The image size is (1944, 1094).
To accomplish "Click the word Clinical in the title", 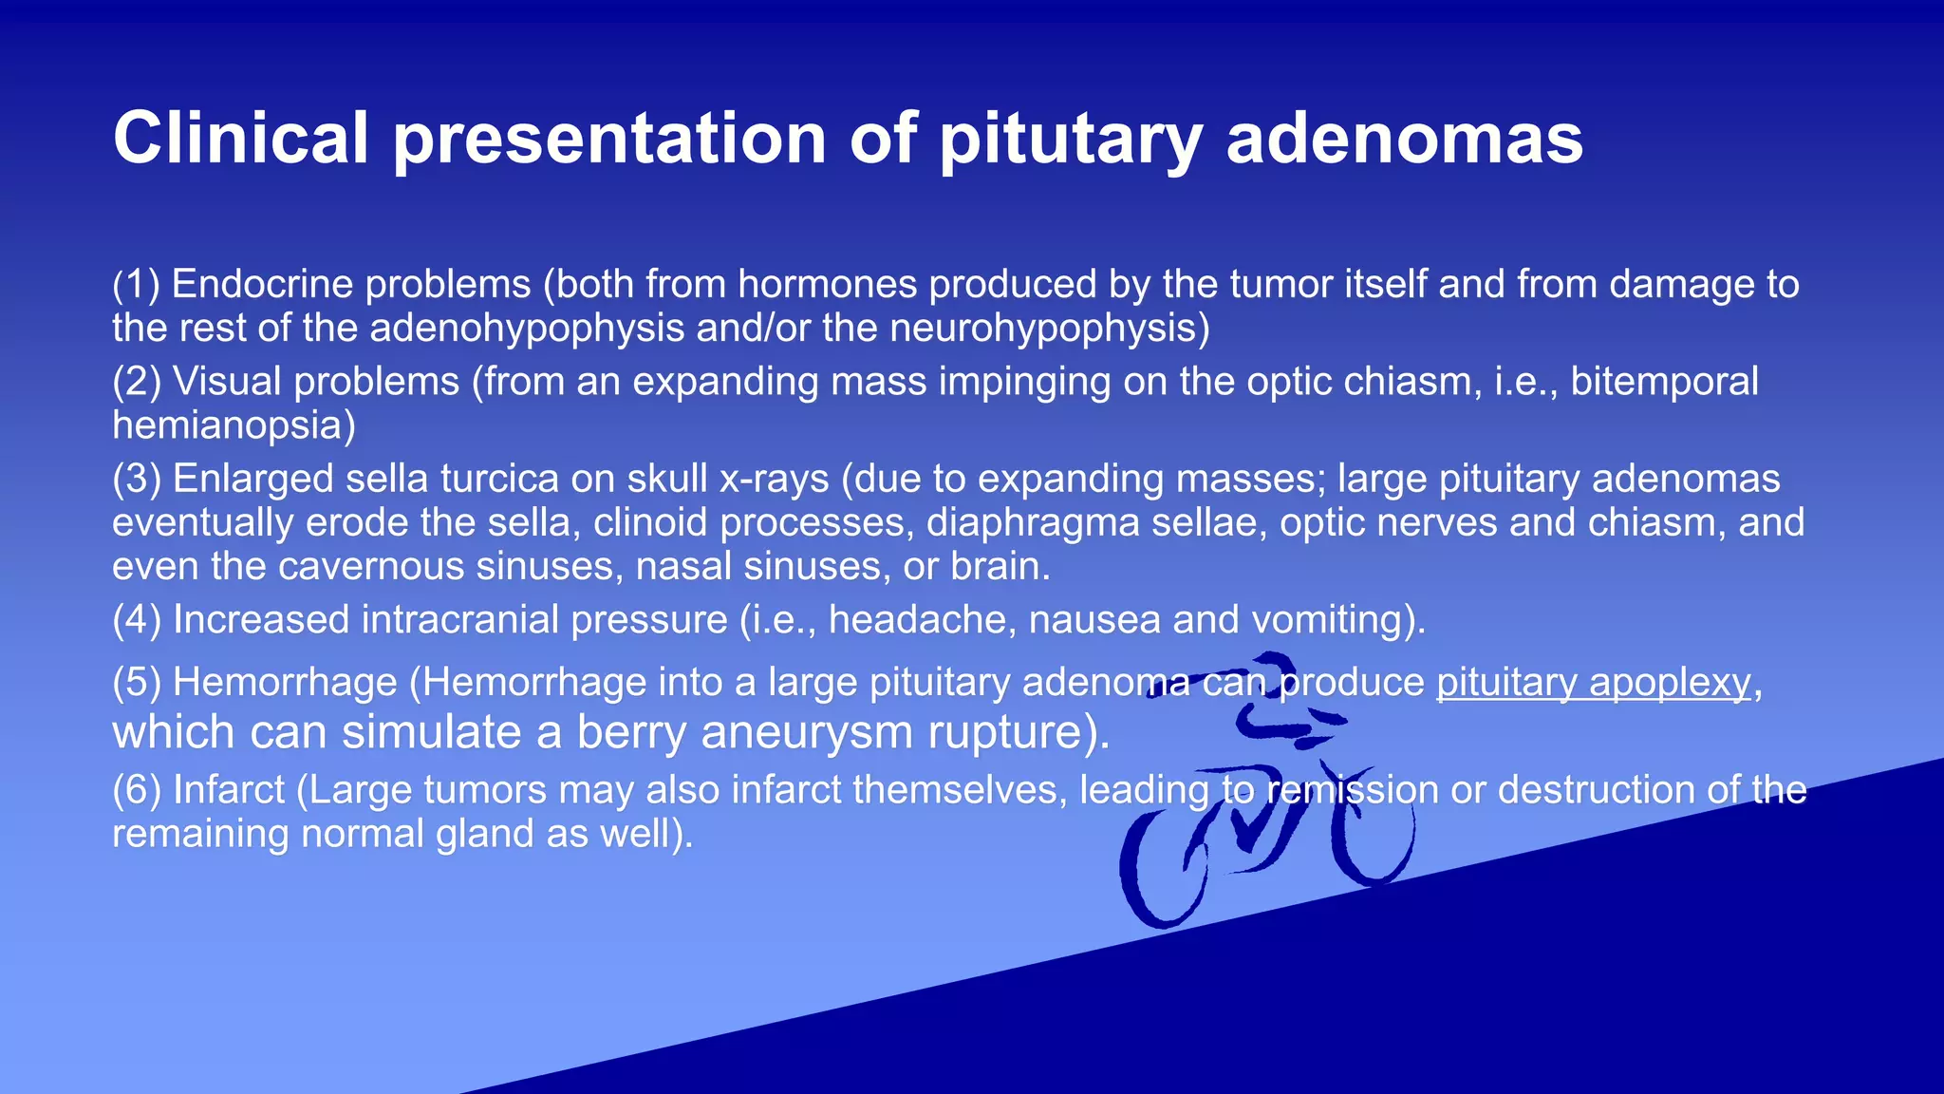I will (240, 139).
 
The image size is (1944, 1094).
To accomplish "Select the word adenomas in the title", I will (1405, 139).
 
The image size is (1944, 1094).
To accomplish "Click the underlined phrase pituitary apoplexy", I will (1594, 683).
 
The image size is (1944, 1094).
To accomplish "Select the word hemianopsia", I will (234, 425).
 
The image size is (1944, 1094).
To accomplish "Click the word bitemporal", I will (1664, 381).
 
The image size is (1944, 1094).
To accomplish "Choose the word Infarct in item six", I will (228, 790).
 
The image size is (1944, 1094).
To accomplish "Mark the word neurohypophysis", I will (1049, 329).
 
